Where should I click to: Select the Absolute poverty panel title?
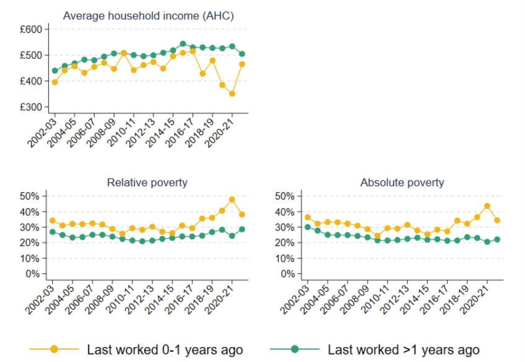point(402,182)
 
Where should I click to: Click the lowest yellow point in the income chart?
point(232,94)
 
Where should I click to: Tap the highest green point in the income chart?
point(183,44)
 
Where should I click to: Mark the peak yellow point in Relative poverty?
point(232,200)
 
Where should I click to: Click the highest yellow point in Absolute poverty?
point(487,206)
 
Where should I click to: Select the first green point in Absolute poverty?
point(308,227)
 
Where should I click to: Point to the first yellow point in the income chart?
point(54,82)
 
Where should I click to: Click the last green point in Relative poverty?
point(242,229)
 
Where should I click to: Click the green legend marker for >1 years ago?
point(295,349)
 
